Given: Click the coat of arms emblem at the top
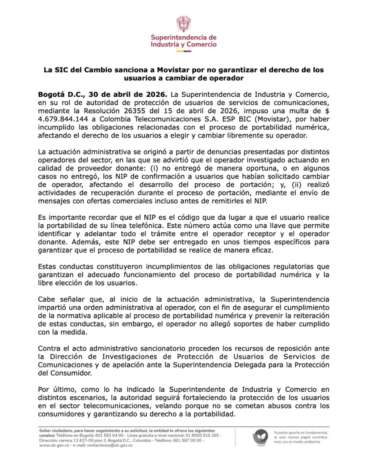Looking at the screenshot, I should (x=183, y=23).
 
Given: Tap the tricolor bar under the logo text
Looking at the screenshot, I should (x=183, y=51).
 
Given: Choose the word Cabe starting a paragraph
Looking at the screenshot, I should (x=47, y=298).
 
